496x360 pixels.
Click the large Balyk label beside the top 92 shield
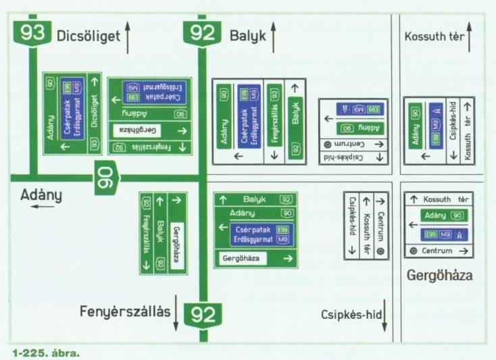(247, 36)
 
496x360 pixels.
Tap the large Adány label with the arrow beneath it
(41, 195)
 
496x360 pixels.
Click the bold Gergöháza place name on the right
(439, 276)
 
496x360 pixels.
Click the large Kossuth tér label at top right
(433, 37)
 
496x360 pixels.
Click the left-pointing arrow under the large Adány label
(41, 207)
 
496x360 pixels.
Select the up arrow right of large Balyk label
(274, 36)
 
